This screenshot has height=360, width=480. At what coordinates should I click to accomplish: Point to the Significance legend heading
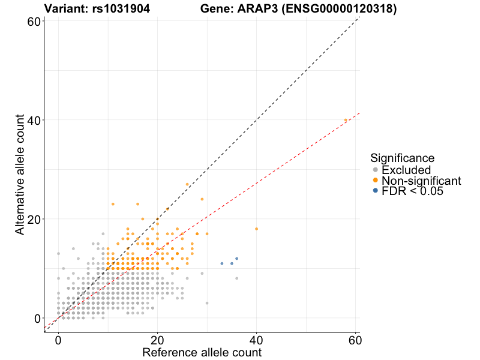click(402, 158)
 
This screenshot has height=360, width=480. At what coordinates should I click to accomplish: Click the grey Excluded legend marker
click(376, 170)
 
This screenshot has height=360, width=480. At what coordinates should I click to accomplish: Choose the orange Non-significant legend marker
click(376, 180)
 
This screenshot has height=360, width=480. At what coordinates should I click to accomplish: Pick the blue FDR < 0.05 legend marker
click(376, 190)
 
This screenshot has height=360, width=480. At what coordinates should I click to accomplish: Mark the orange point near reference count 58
click(346, 120)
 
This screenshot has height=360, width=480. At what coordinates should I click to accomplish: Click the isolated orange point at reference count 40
click(256, 229)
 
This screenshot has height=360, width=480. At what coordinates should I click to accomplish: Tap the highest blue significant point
click(236, 259)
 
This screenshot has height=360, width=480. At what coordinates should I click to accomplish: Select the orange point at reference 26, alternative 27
click(187, 184)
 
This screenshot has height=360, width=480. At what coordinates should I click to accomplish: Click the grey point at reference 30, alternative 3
click(207, 303)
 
